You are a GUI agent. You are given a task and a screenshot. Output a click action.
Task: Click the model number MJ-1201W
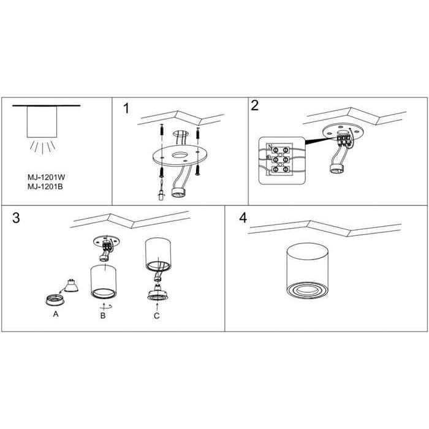click(46, 177)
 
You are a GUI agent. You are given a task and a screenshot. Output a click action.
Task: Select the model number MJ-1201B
click(45, 186)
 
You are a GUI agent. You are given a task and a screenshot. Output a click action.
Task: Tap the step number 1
click(126, 108)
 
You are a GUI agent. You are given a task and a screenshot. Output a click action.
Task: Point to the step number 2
click(255, 105)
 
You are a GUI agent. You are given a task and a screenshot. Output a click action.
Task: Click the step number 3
click(16, 218)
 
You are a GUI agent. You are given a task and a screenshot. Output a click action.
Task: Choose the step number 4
click(243, 218)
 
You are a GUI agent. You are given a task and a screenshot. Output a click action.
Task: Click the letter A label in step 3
click(56, 314)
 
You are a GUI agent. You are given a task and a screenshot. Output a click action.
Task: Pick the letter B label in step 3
click(103, 316)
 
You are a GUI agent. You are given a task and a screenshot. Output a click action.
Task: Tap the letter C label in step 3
click(156, 316)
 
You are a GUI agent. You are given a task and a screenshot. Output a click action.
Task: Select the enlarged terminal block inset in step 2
click(281, 161)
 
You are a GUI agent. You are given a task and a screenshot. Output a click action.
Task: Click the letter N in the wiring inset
click(270, 147)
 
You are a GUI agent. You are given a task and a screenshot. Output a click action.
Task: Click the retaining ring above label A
click(55, 300)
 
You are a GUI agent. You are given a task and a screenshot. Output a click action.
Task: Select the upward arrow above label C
click(157, 306)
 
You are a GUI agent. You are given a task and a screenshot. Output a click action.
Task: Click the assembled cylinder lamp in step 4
click(306, 271)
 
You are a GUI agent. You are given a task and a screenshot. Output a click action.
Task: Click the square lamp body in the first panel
click(42, 122)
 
